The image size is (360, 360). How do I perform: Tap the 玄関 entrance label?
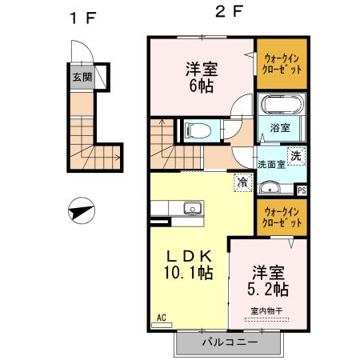[x=82, y=78]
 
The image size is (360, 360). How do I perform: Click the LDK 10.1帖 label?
[x=189, y=264]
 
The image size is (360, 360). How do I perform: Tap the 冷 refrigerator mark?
[x=241, y=183]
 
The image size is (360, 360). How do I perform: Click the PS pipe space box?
[x=301, y=190]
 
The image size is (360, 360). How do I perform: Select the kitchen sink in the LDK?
[x=192, y=210]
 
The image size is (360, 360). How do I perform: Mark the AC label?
[x=161, y=318]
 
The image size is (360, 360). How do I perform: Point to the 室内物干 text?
[x=266, y=310]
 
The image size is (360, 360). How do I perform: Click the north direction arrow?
[x=83, y=212]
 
